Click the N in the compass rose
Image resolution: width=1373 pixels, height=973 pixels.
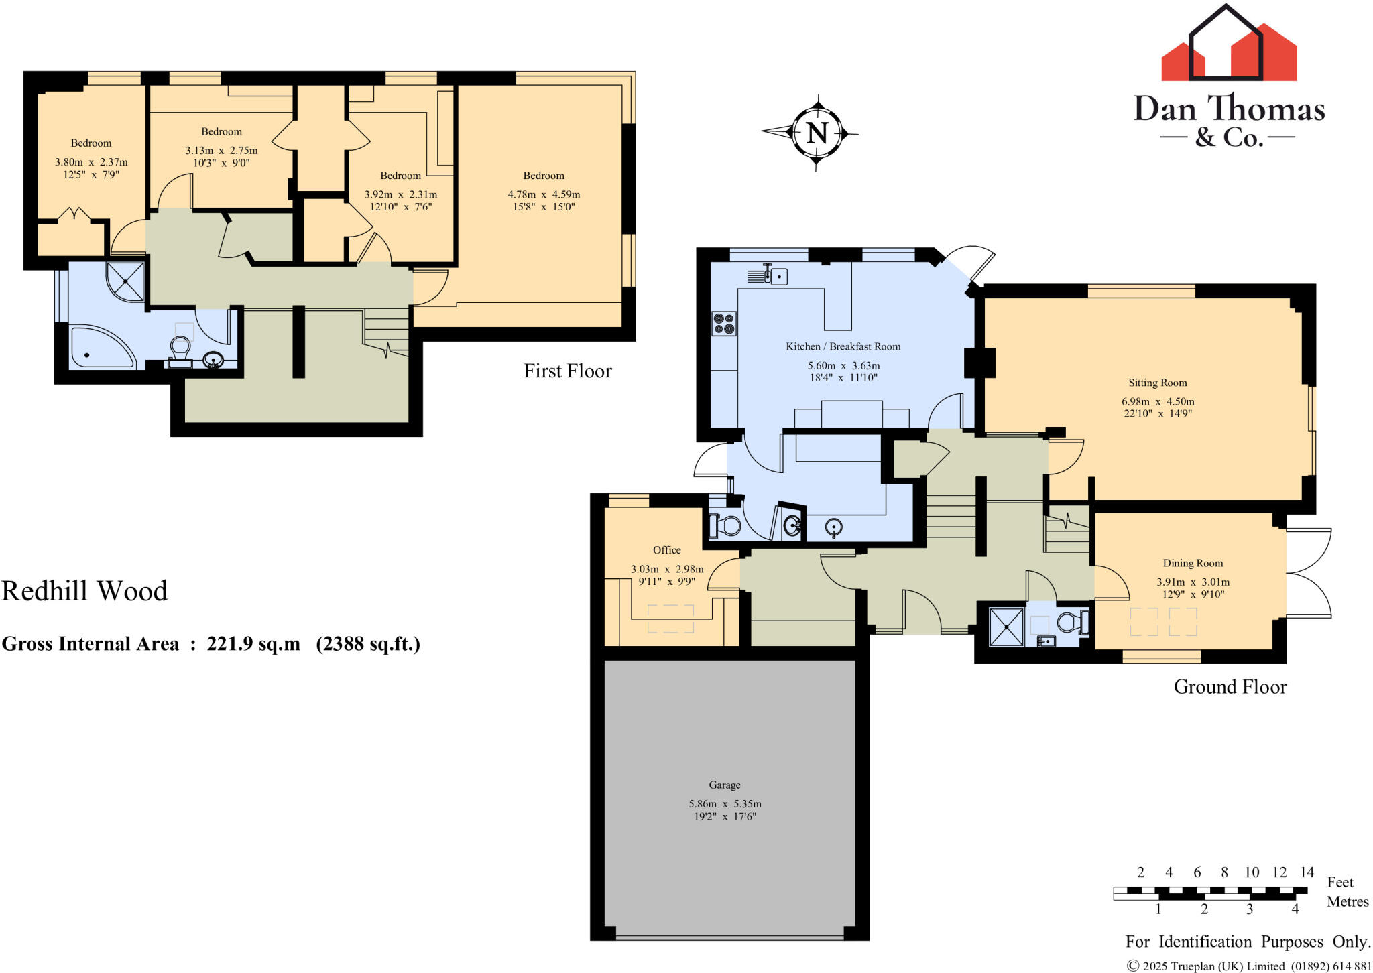click(817, 133)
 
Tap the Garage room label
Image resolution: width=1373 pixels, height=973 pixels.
click(724, 785)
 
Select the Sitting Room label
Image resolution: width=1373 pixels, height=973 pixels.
click(1157, 383)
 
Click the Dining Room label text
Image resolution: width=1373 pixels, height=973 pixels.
click(1193, 563)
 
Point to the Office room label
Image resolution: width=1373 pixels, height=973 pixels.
click(666, 549)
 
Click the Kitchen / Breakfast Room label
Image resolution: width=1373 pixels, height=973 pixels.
click(843, 346)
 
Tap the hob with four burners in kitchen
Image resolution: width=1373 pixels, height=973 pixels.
click(724, 324)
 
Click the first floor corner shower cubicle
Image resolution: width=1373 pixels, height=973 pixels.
click(126, 281)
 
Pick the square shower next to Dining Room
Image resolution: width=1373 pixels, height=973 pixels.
click(1006, 627)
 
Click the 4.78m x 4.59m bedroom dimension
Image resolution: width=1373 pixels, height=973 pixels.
click(543, 194)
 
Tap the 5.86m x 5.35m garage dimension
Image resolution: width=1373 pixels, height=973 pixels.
click(724, 803)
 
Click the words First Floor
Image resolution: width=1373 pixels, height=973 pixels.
click(567, 371)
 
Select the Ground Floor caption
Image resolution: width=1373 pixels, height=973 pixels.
click(1230, 686)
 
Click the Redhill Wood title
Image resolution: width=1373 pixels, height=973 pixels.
click(84, 591)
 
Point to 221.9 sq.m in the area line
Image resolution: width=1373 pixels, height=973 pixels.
click(253, 644)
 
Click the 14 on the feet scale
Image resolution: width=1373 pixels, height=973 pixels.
click(1307, 872)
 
